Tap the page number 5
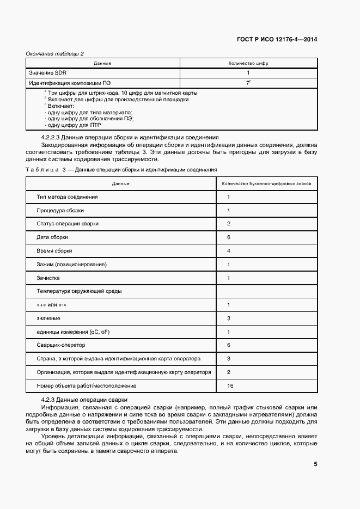315,464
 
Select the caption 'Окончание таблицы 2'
55,53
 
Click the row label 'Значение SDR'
48,72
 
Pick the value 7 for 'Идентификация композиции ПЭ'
248,83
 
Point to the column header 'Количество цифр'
248,63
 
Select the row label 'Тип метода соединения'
67,197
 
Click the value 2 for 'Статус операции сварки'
229,224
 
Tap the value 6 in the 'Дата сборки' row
229,237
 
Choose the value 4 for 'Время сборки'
229,251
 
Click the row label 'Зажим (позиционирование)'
71,265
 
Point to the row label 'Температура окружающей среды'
79,291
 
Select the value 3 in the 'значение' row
229,318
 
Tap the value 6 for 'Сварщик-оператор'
229,345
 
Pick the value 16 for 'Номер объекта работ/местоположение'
230,385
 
